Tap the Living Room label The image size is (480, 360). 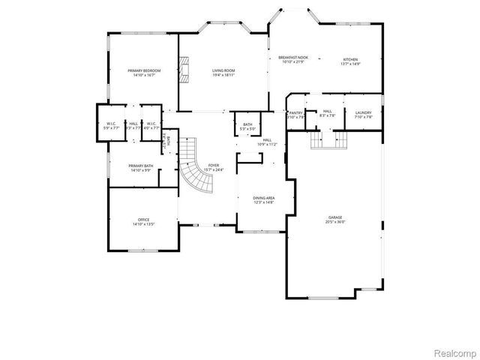click(223, 70)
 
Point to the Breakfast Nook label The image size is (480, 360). click(293, 58)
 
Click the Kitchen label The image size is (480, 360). click(350, 59)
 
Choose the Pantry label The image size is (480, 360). click(296, 112)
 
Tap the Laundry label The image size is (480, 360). click(363, 112)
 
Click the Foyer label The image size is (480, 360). click(214, 166)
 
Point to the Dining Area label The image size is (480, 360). click(263, 198)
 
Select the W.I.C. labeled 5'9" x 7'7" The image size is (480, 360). click(110, 124)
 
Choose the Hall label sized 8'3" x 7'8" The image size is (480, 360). click(328, 112)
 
